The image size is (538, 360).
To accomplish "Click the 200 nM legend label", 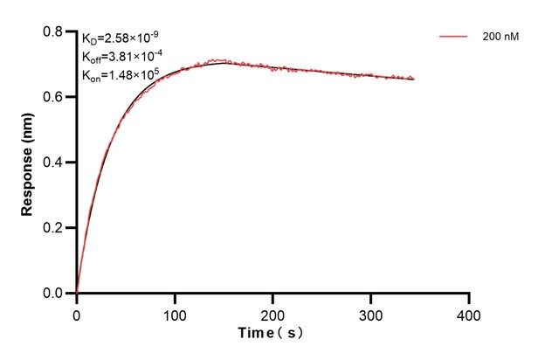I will point(499,38).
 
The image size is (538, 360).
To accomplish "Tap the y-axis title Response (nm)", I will point(29,163).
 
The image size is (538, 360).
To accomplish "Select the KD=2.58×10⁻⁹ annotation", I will point(121,38).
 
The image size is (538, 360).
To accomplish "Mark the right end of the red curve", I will point(414,79).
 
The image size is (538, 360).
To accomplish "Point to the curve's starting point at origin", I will point(77,293).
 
